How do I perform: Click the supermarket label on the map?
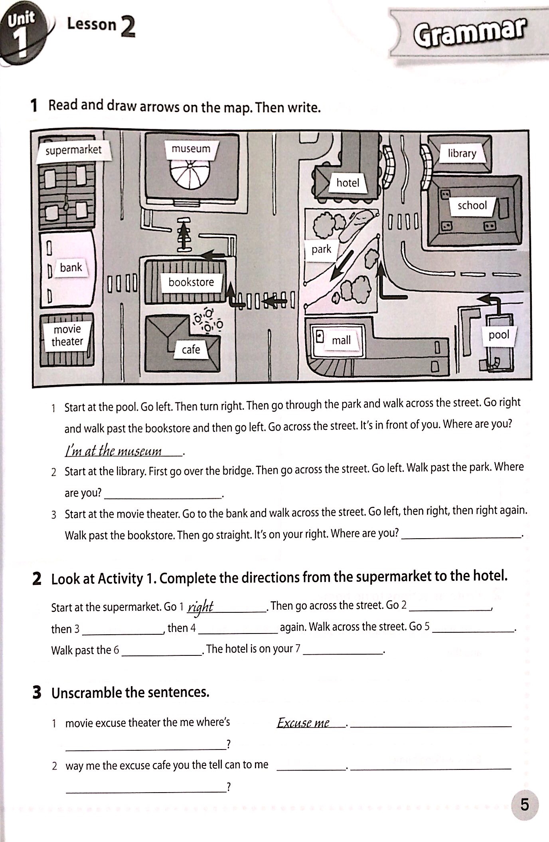(x=73, y=150)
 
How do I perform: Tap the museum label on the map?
(x=191, y=149)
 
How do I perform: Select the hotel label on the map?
(x=348, y=183)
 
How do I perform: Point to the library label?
(x=462, y=153)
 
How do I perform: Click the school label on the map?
(x=472, y=205)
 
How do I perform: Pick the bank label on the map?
(x=71, y=268)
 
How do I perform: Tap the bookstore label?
(x=191, y=282)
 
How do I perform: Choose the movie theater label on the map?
(x=67, y=335)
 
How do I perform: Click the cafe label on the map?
(x=191, y=350)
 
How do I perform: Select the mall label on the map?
(x=341, y=340)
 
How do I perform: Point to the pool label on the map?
(x=499, y=334)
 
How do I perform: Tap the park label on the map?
(x=321, y=249)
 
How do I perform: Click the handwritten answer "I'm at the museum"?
(x=114, y=451)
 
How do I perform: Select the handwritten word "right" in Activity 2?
(x=201, y=607)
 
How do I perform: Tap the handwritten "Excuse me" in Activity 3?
(x=303, y=723)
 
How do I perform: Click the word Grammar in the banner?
(x=468, y=32)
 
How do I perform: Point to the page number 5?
(x=524, y=805)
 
